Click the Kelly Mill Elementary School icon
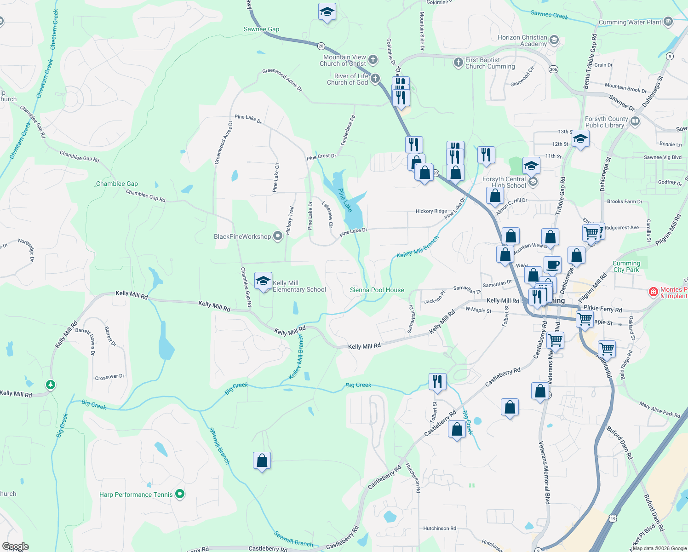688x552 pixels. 263,281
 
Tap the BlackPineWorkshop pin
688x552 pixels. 277,236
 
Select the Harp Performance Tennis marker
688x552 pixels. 180,494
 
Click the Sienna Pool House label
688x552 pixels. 377,290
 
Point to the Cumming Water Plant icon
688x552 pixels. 668,21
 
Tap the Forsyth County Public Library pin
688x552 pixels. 635,121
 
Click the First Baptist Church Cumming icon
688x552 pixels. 458,63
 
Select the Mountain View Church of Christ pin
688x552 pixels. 373,60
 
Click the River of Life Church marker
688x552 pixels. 375,79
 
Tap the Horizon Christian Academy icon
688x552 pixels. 554,40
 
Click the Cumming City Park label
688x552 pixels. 626,266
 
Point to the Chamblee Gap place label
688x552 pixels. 117,184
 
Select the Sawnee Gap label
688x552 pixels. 261,29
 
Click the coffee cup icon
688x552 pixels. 552,264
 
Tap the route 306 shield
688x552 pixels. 553,69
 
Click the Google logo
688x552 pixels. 15,546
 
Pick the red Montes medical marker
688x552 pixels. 653,292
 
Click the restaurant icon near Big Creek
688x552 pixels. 437,381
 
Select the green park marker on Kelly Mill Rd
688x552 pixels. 51,384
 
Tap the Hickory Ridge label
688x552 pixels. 431,211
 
